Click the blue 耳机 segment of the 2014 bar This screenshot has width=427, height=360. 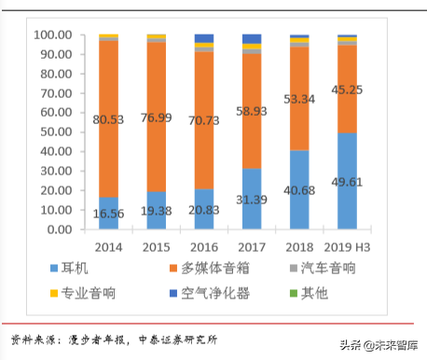point(108,213)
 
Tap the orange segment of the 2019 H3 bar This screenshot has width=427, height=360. point(347,89)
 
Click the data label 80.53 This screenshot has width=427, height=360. point(108,118)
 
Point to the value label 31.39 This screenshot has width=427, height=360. point(251,199)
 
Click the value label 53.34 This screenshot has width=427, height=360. point(298,98)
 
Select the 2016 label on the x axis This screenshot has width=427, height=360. point(203,247)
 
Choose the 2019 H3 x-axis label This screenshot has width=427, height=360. point(347,247)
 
